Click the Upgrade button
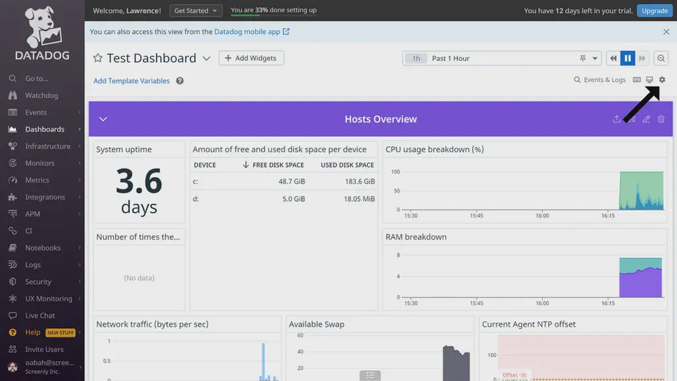pyautogui.click(x=655, y=11)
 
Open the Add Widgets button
pyautogui.click(x=251, y=58)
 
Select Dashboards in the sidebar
pyautogui.click(x=44, y=129)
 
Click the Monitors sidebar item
pyautogui.click(x=40, y=163)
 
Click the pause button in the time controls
pyautogui.click(x=627, y=58)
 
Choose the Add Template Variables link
pyautogui.click(x=132, y=81)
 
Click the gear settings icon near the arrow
pyautogui.click(x=662, y=80)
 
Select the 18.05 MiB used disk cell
pyautogui.click(x=359, y=198)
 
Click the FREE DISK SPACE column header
pyautogui.click(x=278, y=165)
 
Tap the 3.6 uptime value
pyautogui.click(x=139, y=181)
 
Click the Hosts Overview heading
pyautogui.click(x=380, y=119)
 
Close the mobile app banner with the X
pyautogui.click(x=666, y=32)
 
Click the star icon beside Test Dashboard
pyautogui.click(x=98, y=58)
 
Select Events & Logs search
pyautogui.click(x=600, y=80)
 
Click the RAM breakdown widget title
pyautogui.click(x=416, y=237)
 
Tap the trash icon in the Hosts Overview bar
pyautogui.click(x=661, y=119)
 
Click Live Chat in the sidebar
pyautogui.click(x=40, y=316)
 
